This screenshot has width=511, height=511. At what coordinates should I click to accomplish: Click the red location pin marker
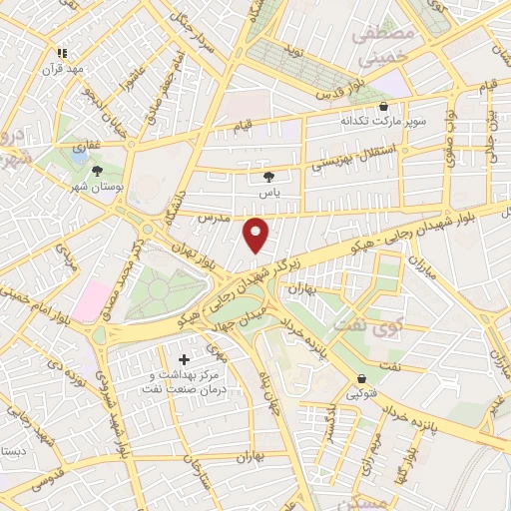click(257, 235)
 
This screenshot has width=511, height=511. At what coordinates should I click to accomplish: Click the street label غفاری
click(89, 145)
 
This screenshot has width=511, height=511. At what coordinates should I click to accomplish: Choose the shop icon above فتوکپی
click(361, 378)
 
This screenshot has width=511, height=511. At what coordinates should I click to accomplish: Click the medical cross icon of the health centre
click(184, 358)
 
